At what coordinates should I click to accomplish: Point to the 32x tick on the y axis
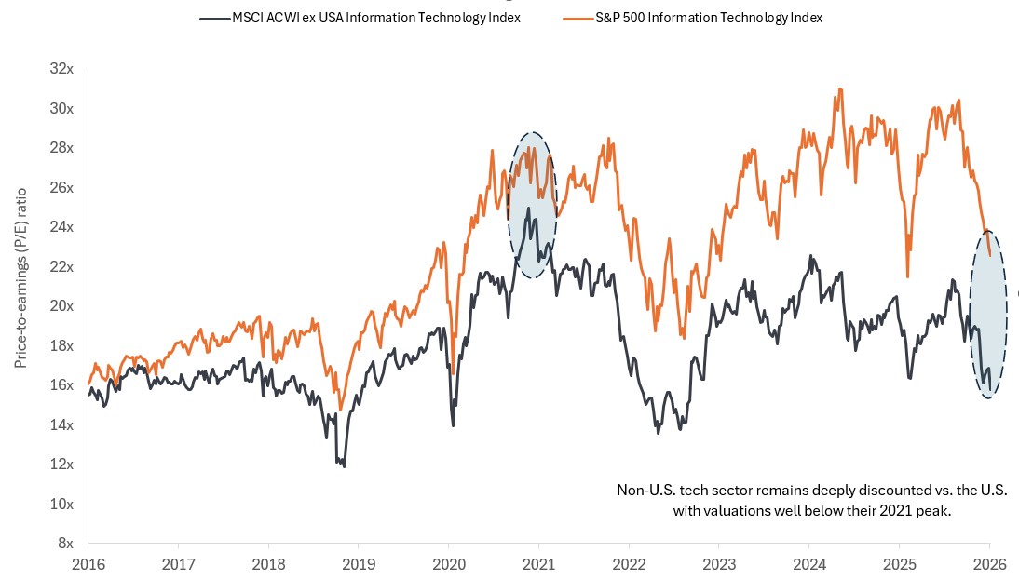click(x=61, y=69)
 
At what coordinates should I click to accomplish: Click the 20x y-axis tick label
click(x=61, y=306)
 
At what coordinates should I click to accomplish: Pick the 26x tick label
click(x=61, y=187)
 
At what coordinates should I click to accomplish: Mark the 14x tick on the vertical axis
click(x=61, y=424)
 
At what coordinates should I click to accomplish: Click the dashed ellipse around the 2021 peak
click(x=532, y=204)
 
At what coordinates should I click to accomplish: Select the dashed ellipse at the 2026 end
click(x=988, y=314)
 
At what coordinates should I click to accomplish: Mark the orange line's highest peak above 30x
click(x=840, y=89)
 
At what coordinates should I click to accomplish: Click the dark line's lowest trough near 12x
click(x=345, y=465)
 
